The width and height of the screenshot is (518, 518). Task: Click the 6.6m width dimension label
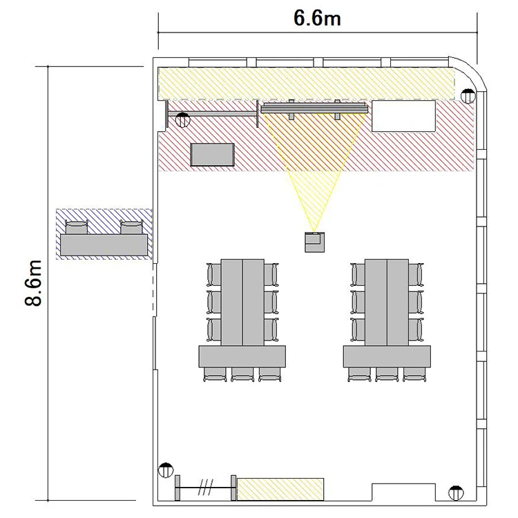(x=317, y=18)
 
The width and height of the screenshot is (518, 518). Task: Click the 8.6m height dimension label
(x=33, y=283)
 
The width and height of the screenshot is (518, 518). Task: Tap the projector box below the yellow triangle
(x=314, y=242)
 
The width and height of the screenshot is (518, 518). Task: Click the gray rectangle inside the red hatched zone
(x=213, y=155)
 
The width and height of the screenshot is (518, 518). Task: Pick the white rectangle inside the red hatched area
(x=404, y=116)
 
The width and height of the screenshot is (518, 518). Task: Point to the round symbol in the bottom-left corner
(x=166, y=470)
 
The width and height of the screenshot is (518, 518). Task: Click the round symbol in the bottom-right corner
(x=456, y=493)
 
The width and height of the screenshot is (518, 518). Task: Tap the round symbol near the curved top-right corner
(x=468, y=96)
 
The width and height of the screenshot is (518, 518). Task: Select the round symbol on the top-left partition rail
(x=183, y=120)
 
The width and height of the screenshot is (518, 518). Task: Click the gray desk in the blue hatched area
(x=104, y=244)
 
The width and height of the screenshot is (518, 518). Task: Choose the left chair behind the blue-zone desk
(x=77, y=227)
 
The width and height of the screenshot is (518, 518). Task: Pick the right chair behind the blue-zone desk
(x=131, y=227)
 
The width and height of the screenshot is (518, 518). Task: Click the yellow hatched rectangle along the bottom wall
(x=280, y=489)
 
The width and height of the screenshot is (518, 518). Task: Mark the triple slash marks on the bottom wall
(x=206, y=488)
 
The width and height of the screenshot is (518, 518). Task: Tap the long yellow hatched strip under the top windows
(x=306, y=84)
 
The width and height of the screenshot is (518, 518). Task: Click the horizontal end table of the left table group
(x=242, y=356)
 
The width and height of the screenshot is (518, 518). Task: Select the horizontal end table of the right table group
(x=387, y=356)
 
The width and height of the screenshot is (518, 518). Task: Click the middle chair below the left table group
(x=242, y=374)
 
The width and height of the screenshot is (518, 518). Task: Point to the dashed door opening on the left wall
(x=154, y=289)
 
